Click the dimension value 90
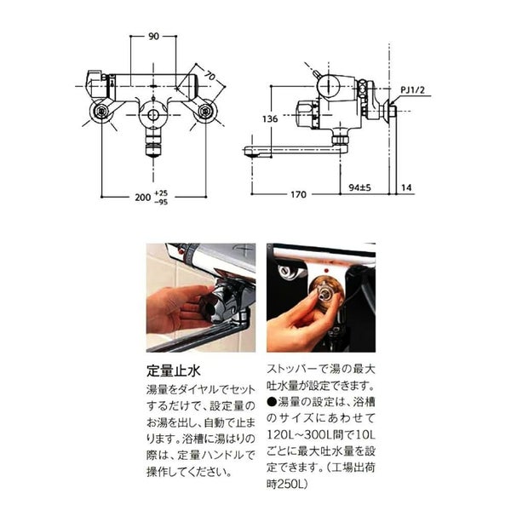(x=153, y=36)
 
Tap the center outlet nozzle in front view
(x=153, y=148)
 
